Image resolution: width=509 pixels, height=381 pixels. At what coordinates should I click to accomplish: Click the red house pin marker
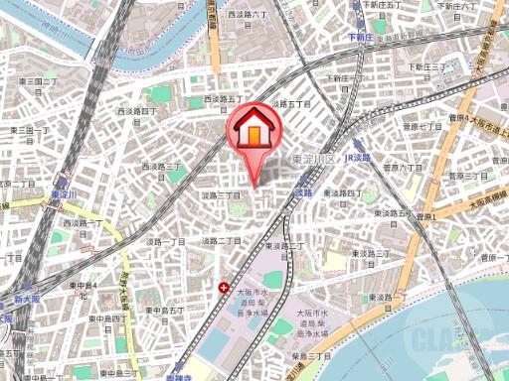pyautogui.click(x=255, y=132)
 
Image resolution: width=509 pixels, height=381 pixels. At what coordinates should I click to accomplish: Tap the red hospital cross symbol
pyautogui.click(x=224, y=287)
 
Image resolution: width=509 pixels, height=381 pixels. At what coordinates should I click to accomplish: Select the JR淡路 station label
pyautogui.click(x=356, y=158)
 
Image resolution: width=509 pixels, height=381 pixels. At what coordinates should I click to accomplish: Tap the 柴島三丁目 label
pyautogui.click(x=311, y=356)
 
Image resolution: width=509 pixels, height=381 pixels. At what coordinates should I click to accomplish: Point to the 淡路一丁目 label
pyautogui.click(x=166, y=241)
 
